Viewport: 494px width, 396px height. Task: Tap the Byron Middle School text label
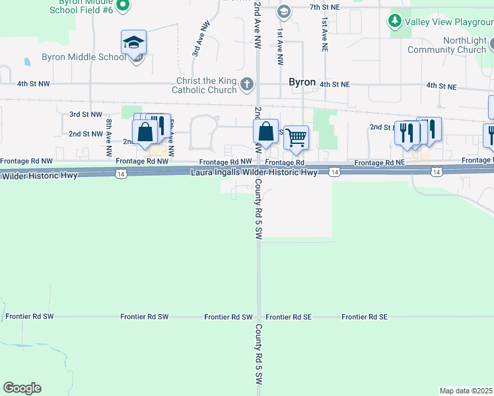point(84,57)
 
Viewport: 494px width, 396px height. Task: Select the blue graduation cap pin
point(133,44)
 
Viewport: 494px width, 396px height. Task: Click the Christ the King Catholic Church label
point(204,86)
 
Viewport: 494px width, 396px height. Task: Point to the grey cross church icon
point(246,84)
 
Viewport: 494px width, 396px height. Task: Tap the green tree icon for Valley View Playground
point(395,21)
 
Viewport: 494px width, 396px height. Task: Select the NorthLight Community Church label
point(446,45)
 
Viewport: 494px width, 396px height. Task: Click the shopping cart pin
point(297,137)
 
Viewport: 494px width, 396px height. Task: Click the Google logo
point(22,388)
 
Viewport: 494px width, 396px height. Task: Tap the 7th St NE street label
point(324,7)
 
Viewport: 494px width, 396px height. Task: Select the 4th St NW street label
point(32,84)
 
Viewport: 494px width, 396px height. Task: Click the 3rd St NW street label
point(86,114)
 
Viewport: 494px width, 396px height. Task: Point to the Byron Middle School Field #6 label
point(81,7)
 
